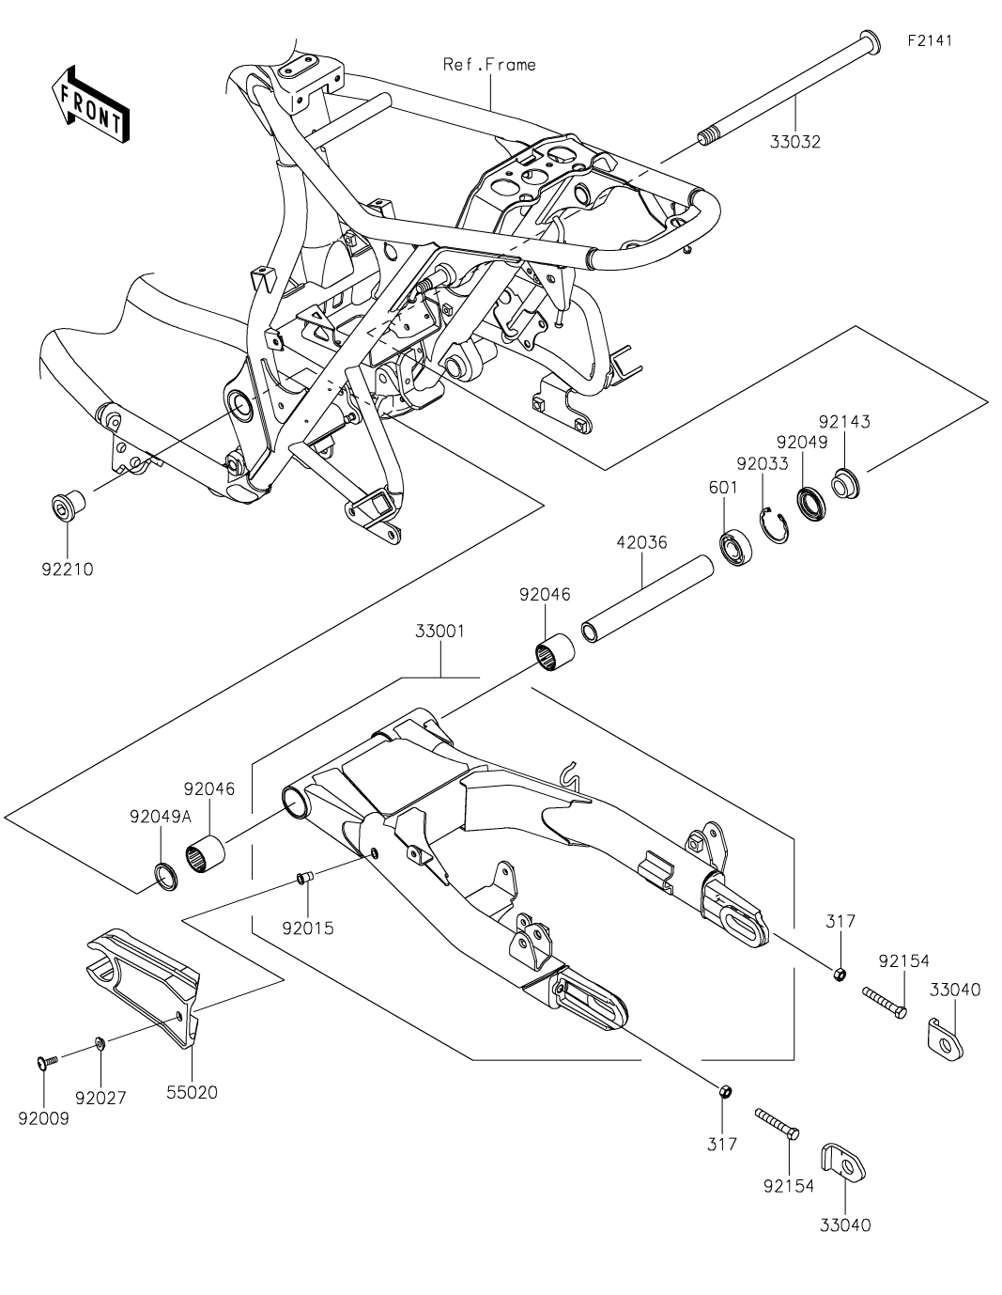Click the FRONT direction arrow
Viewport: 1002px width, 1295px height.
click(90, 103)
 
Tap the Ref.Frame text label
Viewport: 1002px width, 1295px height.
click(489, 65)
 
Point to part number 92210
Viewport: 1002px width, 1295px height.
click(68, 569)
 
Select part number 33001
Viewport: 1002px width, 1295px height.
click(439, 632)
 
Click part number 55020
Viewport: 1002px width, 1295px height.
click(192, 1093)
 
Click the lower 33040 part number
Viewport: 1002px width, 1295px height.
click(845, 1225)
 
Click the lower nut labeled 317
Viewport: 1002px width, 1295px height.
click(724, 1092)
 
